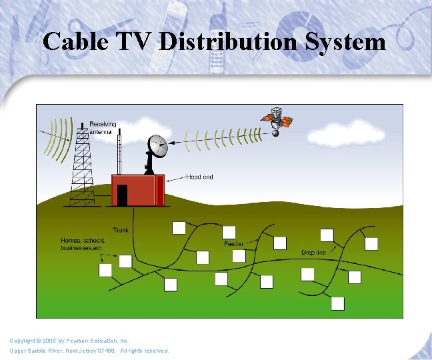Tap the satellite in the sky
pos(275,120)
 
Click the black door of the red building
pos(122,195)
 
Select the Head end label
pos(200,177)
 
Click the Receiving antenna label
pos(103,128)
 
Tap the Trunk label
pos(121,230)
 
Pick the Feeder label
pos(233,244)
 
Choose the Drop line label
pos(313,253)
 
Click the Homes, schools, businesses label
pos(83,244)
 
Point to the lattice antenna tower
pos(81,167)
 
